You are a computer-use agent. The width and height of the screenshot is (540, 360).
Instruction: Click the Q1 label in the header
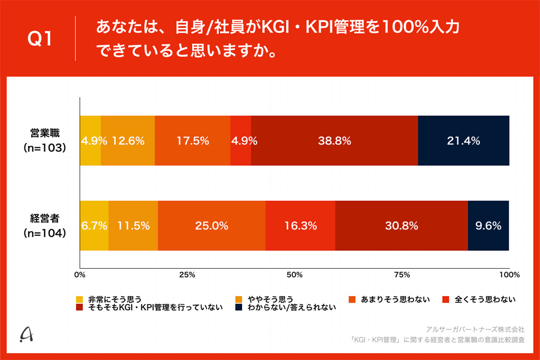point(39,39)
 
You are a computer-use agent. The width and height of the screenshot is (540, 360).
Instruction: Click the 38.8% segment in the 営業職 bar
point(334,141)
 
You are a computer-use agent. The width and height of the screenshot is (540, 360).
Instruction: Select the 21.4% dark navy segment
point(464,141)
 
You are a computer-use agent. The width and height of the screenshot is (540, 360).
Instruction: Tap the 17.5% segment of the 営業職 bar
point(192,141)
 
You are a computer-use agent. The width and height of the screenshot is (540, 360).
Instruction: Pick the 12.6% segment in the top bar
point(128,141)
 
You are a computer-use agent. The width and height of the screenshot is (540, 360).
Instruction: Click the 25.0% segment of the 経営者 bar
point(211,226)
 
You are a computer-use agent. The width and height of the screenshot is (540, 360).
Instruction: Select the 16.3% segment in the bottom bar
point(300,226)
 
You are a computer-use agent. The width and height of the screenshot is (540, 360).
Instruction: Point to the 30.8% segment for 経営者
point(401,226)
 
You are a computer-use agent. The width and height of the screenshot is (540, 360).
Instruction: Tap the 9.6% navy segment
point(488,226)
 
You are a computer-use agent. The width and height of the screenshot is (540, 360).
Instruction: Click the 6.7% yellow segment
point(94,226)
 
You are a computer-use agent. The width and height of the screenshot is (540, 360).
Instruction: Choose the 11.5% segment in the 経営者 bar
point(133,226)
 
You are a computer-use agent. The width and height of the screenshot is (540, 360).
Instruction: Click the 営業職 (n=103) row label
point(45,141)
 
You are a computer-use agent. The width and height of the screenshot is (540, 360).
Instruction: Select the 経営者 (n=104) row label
point(45,226)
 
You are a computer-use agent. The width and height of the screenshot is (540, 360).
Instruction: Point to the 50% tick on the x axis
point(294,275)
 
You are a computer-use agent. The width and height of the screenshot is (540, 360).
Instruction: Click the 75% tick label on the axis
point(402,275)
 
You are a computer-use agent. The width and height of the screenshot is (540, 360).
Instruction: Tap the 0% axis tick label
point(80,275)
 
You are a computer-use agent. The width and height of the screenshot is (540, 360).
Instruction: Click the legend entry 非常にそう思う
point(110,299)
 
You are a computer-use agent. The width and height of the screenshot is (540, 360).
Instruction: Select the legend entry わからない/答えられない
point(287,308)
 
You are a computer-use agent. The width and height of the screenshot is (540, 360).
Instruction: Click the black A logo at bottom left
point(27,335)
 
